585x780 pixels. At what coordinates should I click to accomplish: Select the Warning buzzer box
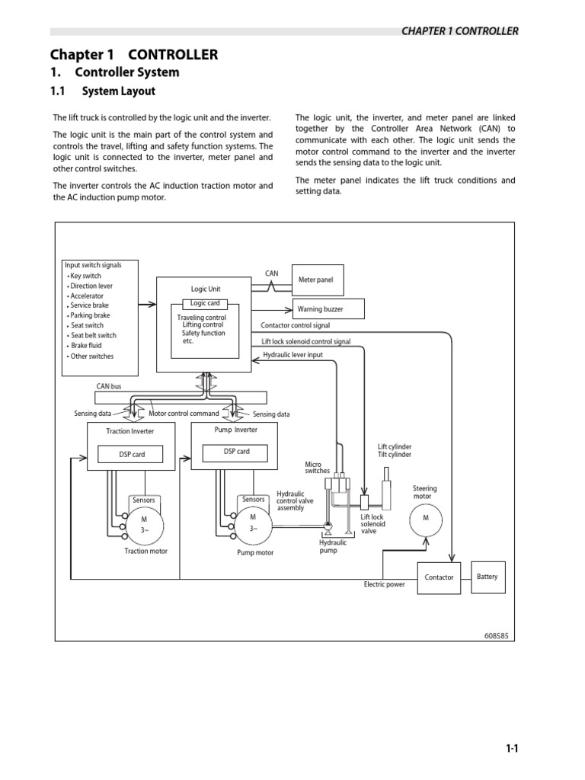tap(329, 308)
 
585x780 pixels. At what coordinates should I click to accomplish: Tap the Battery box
tap(487, 577)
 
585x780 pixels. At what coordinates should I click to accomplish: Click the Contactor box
tap(439, 577)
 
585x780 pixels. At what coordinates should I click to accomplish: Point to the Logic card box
tap(204, 303)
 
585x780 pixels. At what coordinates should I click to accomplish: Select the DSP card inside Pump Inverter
tap(236, 451)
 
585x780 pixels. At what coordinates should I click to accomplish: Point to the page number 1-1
tap(512, 749)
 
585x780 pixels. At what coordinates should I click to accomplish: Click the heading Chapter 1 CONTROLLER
tap(133, 54)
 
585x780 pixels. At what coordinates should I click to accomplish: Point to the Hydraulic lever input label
tap(292, 355)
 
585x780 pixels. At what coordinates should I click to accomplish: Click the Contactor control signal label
tap(295, 325)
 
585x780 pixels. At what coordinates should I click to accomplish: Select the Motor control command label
tap(184, 414)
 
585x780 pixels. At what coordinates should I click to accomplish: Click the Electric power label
tap(385, 584)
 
